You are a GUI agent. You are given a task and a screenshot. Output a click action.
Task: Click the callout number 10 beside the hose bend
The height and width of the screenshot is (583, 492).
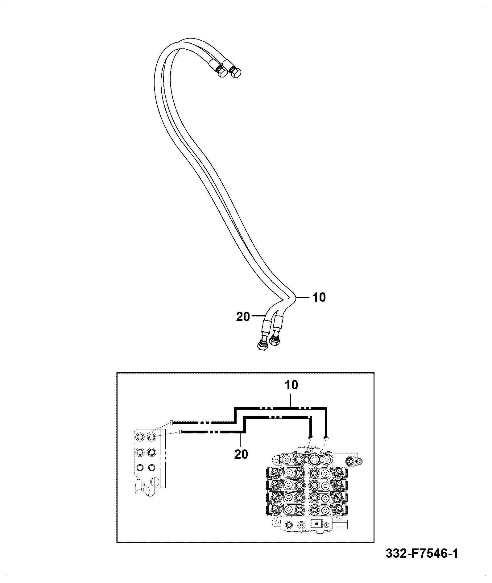tap(319, 297)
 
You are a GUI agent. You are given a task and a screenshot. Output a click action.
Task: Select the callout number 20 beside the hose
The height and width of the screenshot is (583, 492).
tap(243, 317)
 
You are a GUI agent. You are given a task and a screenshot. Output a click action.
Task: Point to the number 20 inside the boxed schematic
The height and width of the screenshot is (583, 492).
tap(241, 454)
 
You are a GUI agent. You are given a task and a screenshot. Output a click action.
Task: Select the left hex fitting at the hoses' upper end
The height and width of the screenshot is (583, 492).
tap(222, 73)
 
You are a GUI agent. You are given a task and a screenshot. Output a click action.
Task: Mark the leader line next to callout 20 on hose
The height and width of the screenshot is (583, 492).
tap(258, 316)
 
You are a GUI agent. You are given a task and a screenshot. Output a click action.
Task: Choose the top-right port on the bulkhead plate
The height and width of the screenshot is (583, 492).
tap(151, 436)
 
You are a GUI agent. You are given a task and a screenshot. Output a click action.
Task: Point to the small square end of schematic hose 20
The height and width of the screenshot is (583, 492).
tap(180, 432)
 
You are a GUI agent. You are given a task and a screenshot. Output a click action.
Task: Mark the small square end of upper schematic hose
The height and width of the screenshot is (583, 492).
tap(172, 422)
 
